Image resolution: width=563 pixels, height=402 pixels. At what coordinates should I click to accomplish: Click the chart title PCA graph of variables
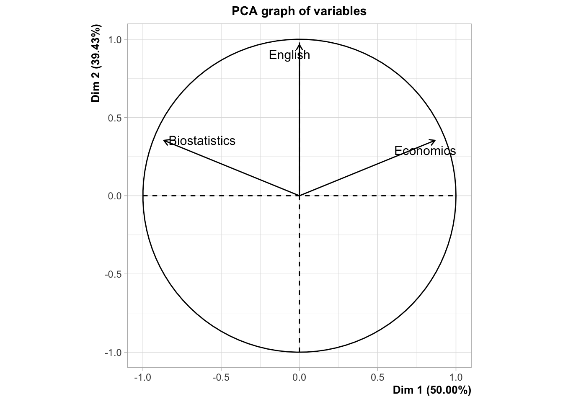point(299,11)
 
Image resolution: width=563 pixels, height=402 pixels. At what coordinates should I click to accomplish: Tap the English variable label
point(289,55)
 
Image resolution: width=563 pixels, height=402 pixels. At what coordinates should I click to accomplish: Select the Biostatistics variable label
point(202,141)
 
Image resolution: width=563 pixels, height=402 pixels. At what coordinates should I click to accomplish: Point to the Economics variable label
point(425,151)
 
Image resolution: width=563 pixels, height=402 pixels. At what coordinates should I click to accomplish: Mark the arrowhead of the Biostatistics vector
point(164,141)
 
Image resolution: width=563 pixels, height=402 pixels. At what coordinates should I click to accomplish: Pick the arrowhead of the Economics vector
point(435,141)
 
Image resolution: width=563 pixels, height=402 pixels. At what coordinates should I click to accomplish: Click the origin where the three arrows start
point(299,196)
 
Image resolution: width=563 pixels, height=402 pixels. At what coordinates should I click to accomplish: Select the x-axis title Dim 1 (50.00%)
point(431,390)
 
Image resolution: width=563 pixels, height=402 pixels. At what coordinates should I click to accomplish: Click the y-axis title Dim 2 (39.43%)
point(96,64)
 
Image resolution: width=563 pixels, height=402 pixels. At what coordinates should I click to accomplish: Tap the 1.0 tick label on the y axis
point(115,40)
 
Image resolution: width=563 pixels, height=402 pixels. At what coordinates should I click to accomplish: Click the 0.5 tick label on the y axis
point(115,118)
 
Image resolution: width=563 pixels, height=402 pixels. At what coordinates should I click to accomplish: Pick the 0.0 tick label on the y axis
point(115,196)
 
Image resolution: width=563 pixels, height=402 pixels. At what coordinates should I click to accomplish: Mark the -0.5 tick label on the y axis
point(114,274)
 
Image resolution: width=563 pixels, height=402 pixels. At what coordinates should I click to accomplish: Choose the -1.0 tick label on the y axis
point(114,353)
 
